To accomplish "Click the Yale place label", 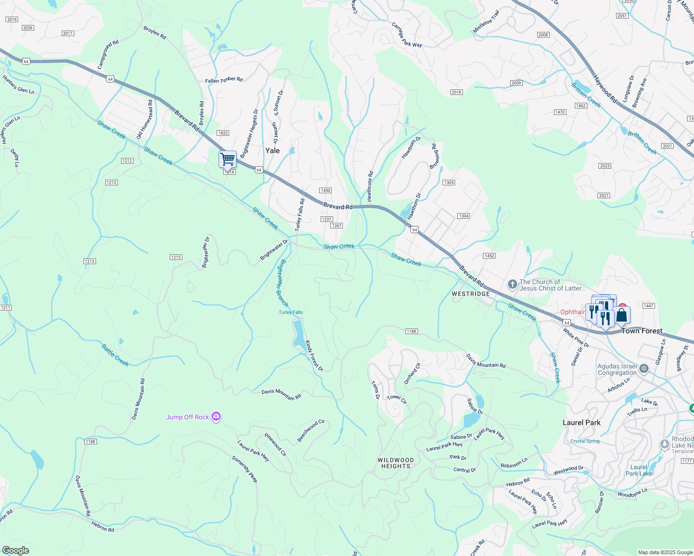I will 272,151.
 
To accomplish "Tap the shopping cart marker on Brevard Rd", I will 227,159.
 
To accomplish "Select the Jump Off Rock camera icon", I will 216,417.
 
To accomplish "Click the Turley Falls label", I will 290,312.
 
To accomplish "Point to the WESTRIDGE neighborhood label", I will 471,294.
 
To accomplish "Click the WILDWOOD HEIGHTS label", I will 396,463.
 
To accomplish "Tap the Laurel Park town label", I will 581,423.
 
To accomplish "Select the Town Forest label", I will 642,331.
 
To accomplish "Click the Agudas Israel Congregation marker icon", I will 643,369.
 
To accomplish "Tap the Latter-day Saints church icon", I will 512,284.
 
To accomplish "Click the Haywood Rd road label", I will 605,90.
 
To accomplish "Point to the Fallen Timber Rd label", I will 224,80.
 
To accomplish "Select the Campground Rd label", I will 108,55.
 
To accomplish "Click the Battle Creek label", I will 115,355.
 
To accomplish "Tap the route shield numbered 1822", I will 223,133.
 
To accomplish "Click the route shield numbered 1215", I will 176,257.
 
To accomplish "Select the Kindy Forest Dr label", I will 314,356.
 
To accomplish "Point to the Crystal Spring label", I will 585,441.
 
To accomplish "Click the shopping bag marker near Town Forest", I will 622,316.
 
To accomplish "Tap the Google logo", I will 16,550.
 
